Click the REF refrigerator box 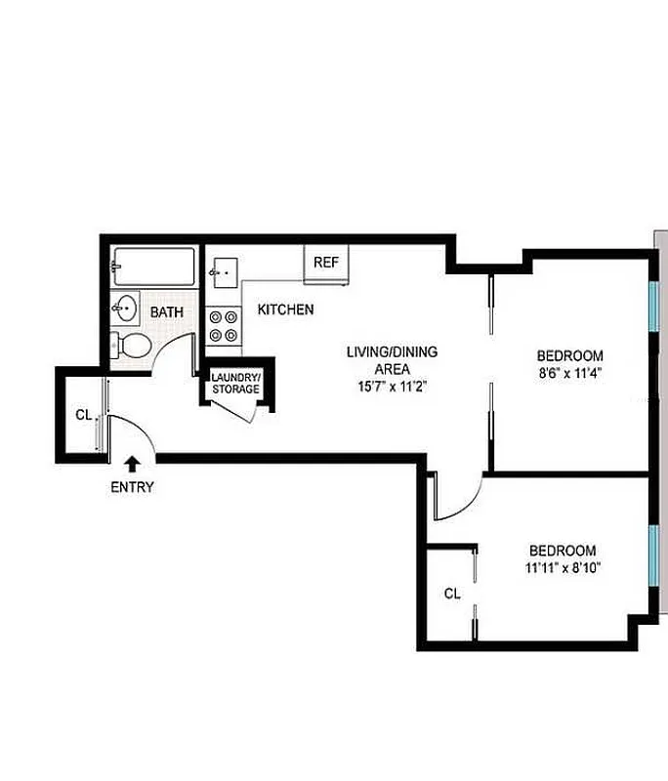pos(326,264)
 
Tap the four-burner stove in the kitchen pos(223,325)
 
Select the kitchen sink pos(224,270)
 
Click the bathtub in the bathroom pos(154,265)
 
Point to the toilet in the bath pos(132,345)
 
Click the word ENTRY pos(132,487)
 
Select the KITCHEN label pos(285,310)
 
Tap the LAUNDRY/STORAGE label pos(236,384)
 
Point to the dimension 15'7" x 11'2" pos(392,387)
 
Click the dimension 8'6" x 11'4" pos(568,372)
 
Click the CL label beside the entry pos(83,415)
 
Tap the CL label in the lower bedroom pos(451,593)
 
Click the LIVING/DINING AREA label pos(392,360)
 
